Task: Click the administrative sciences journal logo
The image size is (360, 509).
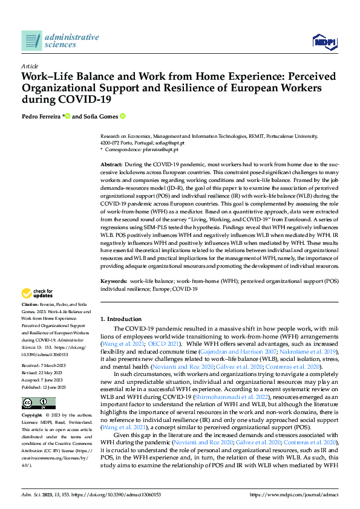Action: click(x=60, y=41)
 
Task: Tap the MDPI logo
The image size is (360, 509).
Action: click(x=324, y=41)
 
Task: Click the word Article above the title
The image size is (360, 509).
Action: click(x=30, y=66)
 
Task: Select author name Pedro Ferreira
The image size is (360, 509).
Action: click(x=41, y=116)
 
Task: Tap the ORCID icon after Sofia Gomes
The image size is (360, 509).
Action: click(x=123, y=116)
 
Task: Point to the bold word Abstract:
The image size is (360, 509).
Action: click(x=111, y=164)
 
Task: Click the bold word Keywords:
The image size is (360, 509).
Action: click(x=113, y=282)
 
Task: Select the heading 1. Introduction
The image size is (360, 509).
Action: click(x=120, y=319)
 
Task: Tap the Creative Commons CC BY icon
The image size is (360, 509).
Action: click(x=31, y=386)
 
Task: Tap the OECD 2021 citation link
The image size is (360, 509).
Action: click(x=157, y=343)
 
